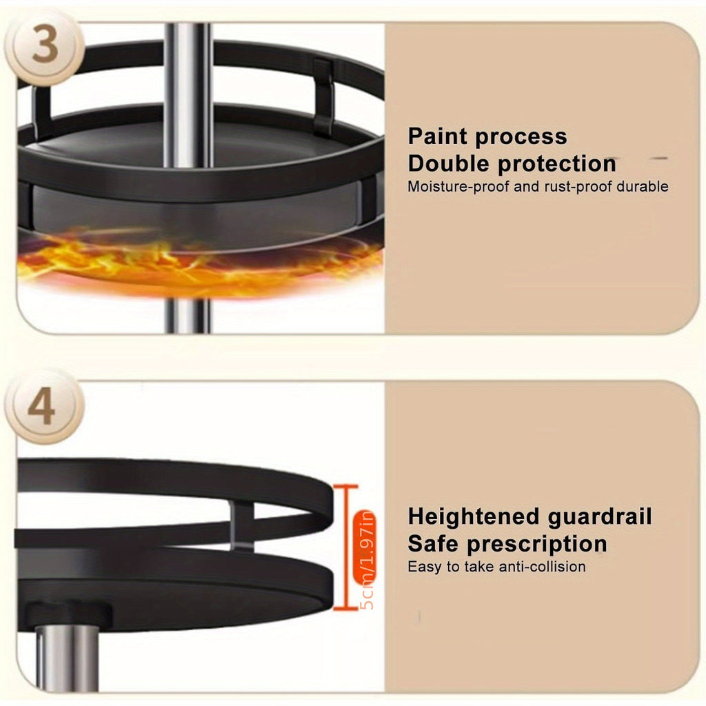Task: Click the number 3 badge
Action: (44, 47)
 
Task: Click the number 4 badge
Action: (44, 407)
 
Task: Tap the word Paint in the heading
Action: (438, 136)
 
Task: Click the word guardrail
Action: (600, 517)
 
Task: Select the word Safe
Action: (433, 544)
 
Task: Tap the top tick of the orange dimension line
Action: (346, 487)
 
